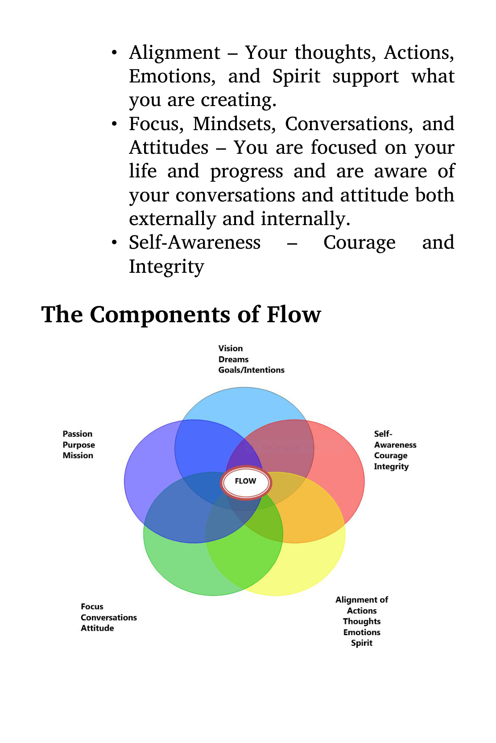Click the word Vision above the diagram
[x=231, y=348]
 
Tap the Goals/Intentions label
[x=251, y=370]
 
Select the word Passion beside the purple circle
[x=77, y=434]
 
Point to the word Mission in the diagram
[x=78, y=456]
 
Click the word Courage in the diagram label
[x=390, y=456]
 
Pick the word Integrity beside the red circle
[x=391, y=466]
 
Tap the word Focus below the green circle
[x=92, y=606]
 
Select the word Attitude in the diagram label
[x=97, y=628]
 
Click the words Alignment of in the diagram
[x=362, y=600]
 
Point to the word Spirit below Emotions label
[x=362, y=643]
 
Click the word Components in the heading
[x=160, y=314]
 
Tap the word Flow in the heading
[x=293, y=314]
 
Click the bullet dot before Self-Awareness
[x=115, y=242]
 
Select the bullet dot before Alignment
[x=115, y=53]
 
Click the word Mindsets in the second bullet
[x=234, y=124]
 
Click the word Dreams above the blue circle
[x=233, y=359]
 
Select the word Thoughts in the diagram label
[x=362, y=621]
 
